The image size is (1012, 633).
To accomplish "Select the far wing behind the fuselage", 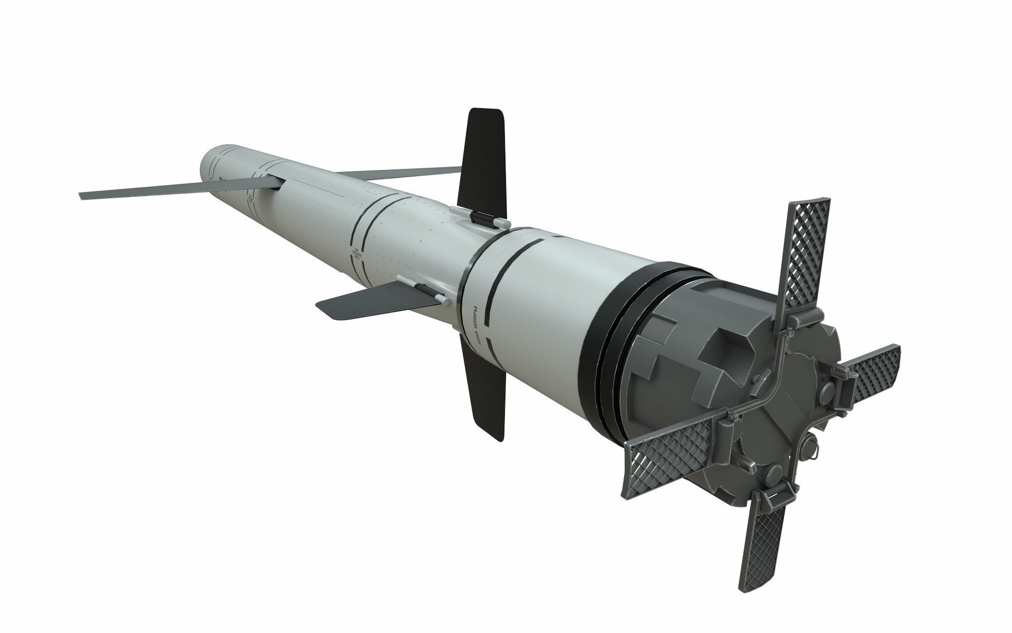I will tap(401, 172).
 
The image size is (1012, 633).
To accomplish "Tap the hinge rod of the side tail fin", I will tap(422, 287).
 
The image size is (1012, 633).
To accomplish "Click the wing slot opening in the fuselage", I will tap(277, 183).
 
